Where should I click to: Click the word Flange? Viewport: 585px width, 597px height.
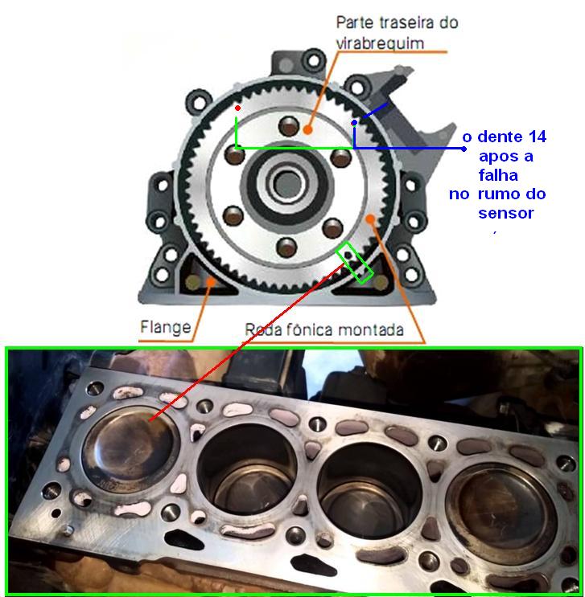coord(166,328)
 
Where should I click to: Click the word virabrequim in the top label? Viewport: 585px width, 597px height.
coord(380,43)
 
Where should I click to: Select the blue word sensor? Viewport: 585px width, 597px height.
coord(505,213)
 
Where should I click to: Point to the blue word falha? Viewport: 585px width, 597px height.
coord(498,175)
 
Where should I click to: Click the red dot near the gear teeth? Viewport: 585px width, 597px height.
coord(237,108)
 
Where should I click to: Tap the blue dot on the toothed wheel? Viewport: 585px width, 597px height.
coord(355,123)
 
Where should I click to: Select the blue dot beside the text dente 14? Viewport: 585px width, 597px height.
coord(463,149)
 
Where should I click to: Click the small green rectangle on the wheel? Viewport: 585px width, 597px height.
coord(354,263)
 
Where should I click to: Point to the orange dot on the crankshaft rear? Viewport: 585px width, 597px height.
coord(307,130)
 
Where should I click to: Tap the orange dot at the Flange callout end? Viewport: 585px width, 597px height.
coord(210,282)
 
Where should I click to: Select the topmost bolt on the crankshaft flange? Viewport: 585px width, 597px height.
coord(289,126)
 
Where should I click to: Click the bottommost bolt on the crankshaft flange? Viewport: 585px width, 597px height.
coord(286,247)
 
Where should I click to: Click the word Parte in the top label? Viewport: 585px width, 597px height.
coord(355,22)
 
